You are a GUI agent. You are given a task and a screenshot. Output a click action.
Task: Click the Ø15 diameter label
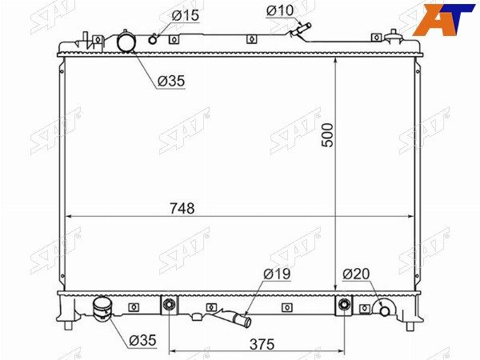(186, 15)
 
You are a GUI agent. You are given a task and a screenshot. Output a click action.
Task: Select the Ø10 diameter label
(280, 10)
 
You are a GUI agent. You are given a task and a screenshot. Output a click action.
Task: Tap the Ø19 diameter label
(277, 274)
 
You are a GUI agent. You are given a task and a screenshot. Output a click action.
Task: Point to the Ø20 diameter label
(356, 274)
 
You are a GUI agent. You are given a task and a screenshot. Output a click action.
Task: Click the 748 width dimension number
(182, 209)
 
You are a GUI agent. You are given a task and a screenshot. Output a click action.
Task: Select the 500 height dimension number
(327, 135)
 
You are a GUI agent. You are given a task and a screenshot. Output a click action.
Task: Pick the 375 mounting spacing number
(262, 344)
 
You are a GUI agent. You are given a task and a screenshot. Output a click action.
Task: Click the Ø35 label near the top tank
(171, 81)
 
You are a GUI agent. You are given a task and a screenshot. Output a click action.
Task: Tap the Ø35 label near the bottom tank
(142, 340)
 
